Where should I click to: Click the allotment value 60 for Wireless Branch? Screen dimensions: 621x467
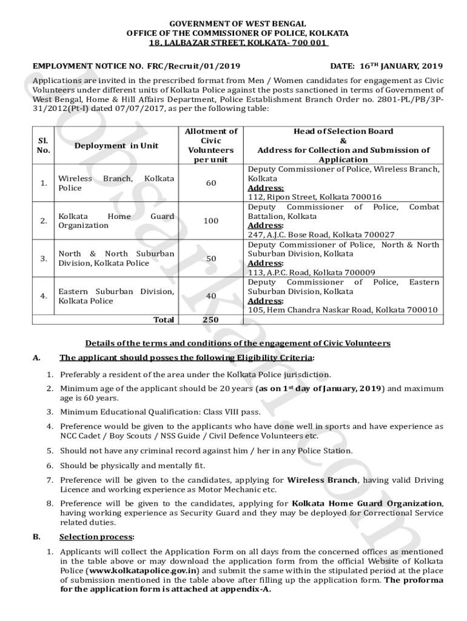point(210,183)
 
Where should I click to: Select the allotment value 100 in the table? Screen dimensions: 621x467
point(210,221)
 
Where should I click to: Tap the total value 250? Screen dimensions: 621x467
point(210,320)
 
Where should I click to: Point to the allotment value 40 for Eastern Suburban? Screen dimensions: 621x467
point(210,296)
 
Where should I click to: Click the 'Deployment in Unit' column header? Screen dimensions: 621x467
point(116,146)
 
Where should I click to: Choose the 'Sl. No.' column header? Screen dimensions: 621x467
point(44,146)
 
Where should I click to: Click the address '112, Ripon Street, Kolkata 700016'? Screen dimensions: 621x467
point(315,197)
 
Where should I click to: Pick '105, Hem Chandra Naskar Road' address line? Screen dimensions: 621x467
point(342,310)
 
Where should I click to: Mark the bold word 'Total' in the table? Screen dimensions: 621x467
point(164,320)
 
